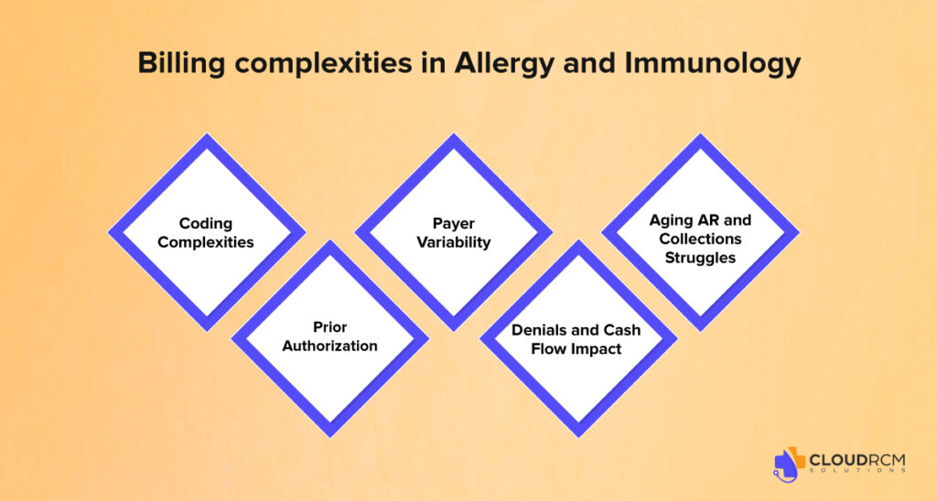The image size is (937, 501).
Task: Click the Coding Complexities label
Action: pyautogui.click(x=206, y=233)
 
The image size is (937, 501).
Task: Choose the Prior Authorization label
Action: pyautogui.click(x=329, y=336)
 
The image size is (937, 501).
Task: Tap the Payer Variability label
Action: pyautogui.click(x=454, y=233)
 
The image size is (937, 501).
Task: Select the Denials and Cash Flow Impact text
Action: pyautogui.click(x=576, y=339)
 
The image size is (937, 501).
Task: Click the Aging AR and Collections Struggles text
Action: pyautogui.click(x=700, y=239)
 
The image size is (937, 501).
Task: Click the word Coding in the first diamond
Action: pyautogui.click(x=206, y=224)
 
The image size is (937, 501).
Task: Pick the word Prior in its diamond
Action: pyautogui.click(x=329, y=327)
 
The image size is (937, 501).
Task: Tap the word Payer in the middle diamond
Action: pyautogui.click(x=454, y=224)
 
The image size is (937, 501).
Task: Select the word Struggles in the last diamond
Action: pyautogui.click(x=700, y=258)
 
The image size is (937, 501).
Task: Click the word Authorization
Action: pyautogui.click(x=329, y=346)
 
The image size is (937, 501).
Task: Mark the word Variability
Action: pyautogui.click(x=454, y=242)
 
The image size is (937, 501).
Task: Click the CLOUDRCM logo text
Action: pyautogui.click(x=856, y=461)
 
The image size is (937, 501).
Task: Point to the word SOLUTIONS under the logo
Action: pyautogui.click(x=856, y=471)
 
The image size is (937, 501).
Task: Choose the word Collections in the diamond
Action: pyautogui.click(x=700, y=239)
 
